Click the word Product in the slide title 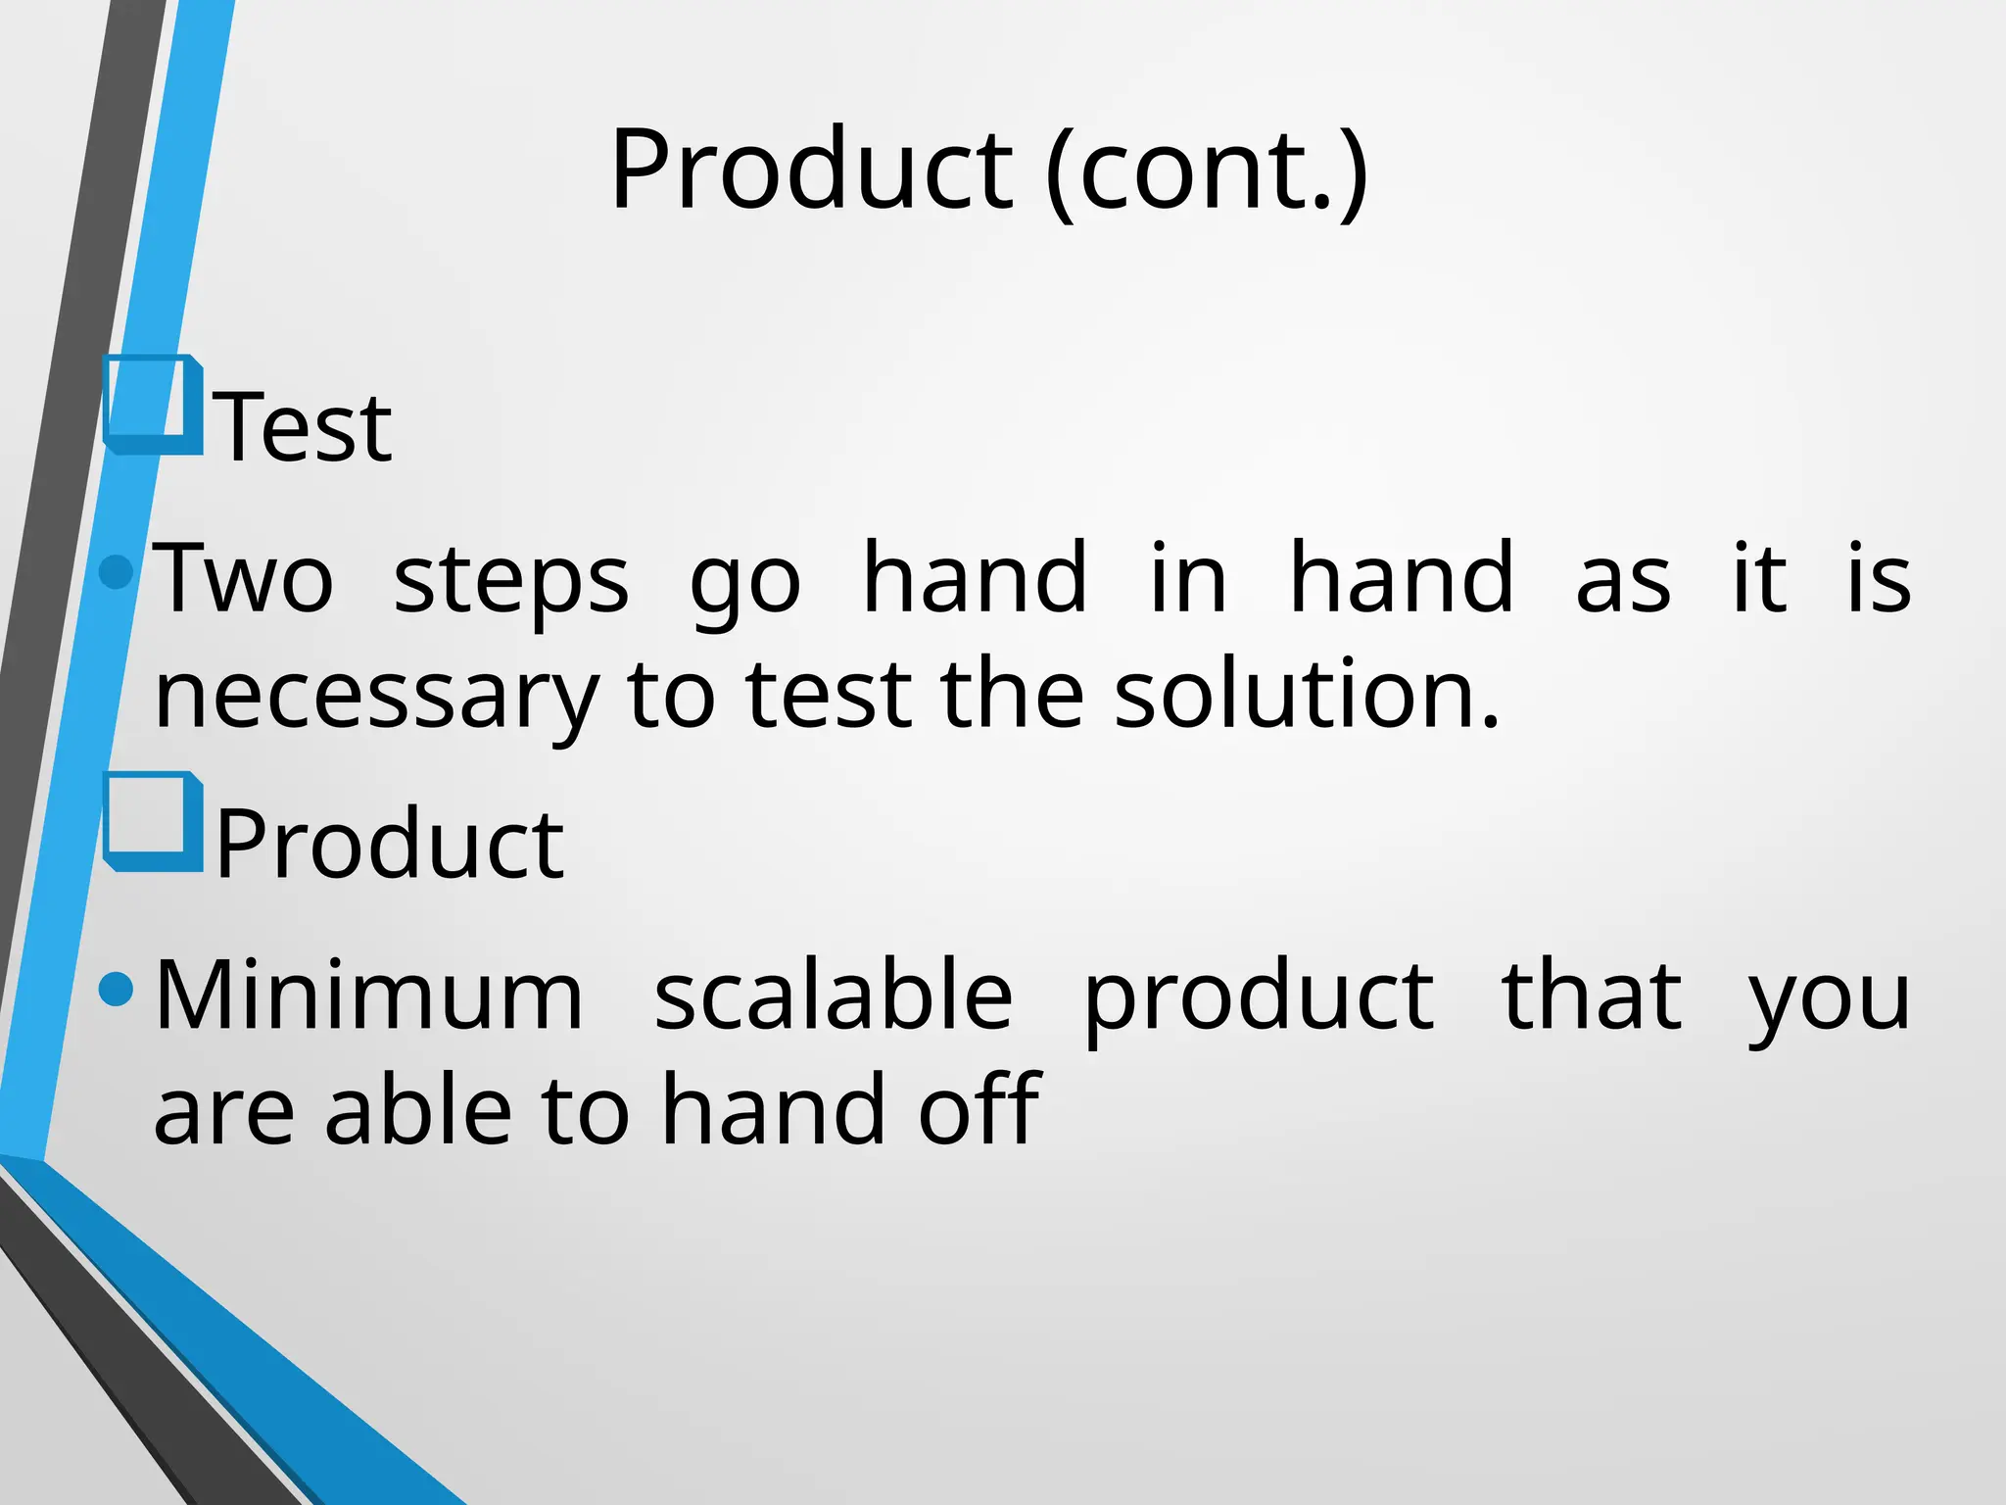(x=811, y=170)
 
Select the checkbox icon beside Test (x=153, y=405)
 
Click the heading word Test (x=303, y=427)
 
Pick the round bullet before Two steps (x=117, y=571)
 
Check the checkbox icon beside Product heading (x=153, y=821)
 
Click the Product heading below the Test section (x=389, y=845)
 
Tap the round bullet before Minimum (x=117, y=989)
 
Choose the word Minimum (x=369, y=996)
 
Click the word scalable (x=833, y=996)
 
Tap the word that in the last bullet (x=1592, y=996)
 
